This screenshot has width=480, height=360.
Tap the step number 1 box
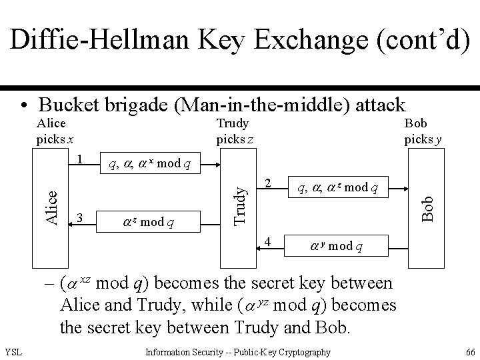tap(79, 160)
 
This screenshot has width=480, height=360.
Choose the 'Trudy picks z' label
tap(233, 132)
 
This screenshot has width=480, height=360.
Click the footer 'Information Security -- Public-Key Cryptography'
tap(237, 352)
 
